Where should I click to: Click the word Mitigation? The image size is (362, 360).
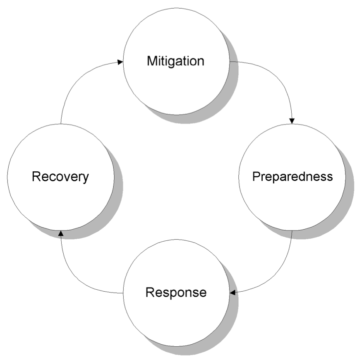175,61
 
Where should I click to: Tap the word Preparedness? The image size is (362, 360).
292,177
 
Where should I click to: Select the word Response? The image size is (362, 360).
176,293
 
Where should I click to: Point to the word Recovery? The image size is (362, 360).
60,177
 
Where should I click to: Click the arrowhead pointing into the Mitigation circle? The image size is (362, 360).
120,62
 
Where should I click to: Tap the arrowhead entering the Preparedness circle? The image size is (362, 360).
292,121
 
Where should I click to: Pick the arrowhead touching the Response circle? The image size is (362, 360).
233,293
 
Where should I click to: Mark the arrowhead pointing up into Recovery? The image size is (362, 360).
61,233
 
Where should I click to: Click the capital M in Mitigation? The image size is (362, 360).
152,61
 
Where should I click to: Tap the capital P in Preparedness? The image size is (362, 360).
257,176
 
